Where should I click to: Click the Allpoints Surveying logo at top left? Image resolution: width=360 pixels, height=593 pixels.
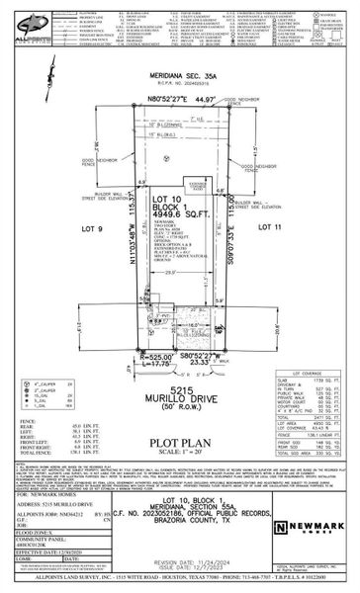[x=26, y=22]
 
